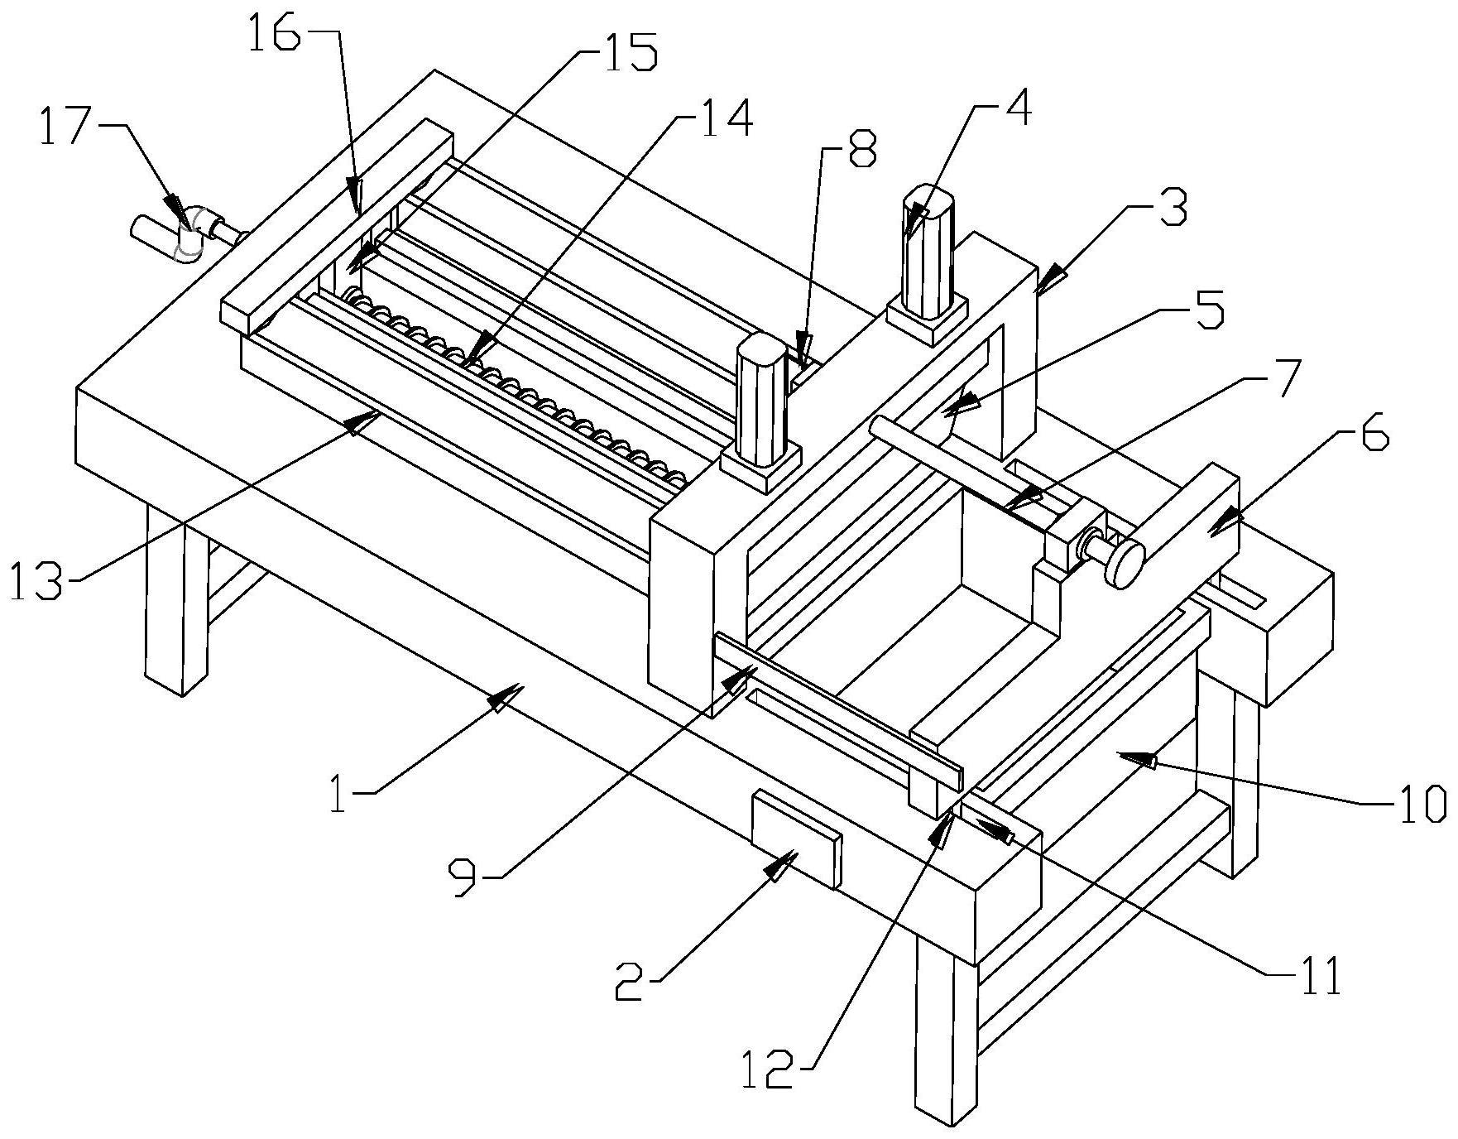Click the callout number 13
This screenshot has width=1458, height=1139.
[37, 582]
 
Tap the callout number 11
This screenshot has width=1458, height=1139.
[1316, 977]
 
